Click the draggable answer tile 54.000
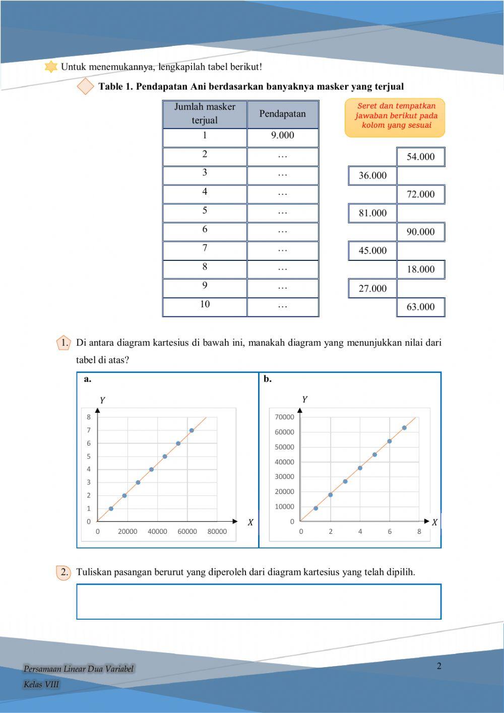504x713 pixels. pos(420,157)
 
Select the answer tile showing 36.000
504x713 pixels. pos(372,176)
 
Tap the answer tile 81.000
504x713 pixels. pos(372,213)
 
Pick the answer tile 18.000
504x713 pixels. pos(420,269)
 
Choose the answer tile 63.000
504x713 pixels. pos(420,307)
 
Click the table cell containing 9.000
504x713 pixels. pos(282,136)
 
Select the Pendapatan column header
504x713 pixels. pos(282,114)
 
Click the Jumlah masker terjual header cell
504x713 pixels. pos(205,114)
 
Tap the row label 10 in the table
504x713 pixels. pos(205,305)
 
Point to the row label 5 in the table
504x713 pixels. pos(205,211)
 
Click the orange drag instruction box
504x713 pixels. pos(395,118)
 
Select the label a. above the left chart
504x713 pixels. pos(88,379)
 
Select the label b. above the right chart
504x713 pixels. pos(268,379)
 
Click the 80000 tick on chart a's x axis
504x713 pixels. pos(217,531)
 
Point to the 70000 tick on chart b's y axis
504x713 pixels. pos(284,417)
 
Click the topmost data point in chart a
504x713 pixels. pos(192,430)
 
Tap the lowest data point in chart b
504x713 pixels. pos(316,508)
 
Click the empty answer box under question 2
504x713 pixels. pos(259,601)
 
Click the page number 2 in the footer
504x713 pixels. pos(439,666)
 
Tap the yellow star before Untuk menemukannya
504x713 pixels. pos(51,67)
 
